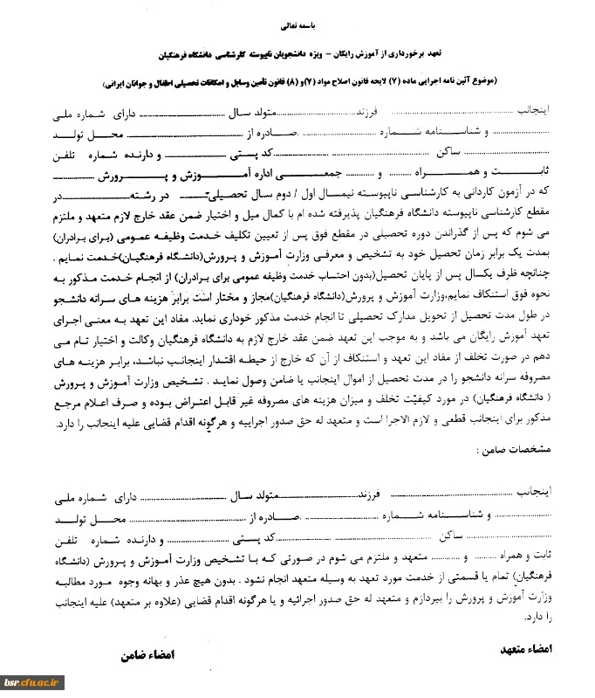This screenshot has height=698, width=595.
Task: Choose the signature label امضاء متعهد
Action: point(530,650)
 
